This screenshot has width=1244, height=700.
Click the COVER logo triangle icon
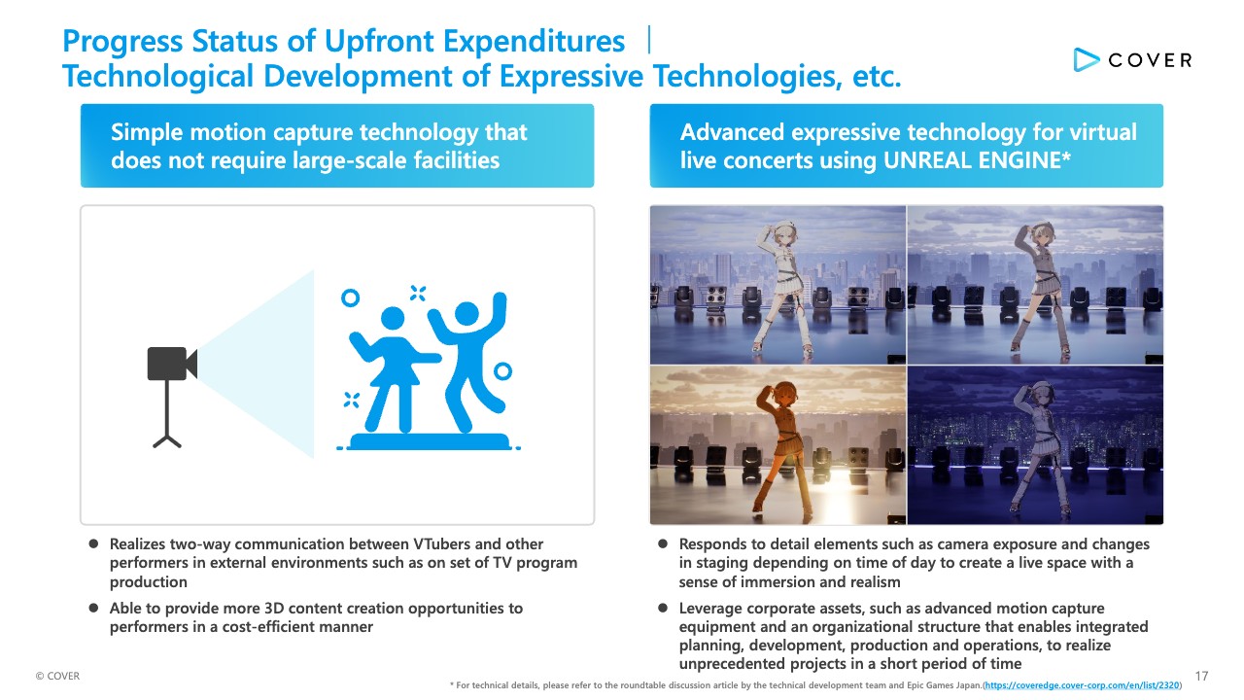pyautogui.click(x=1086, y=60)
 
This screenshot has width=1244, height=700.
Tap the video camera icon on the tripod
pyautogui.click(x=172, y=364)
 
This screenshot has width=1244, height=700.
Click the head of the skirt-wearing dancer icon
pyautogui.click(x=393, y=318)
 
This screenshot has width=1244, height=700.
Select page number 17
pyautogui.click(x=1201, y=676)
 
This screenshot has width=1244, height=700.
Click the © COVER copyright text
pyautogui.click(x=57, y=676)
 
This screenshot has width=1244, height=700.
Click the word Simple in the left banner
pyautogui.click(x=147, y=133)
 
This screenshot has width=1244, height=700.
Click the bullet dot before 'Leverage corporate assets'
pyautogui.click(x=663, y=608)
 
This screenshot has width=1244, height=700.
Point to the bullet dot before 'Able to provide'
pyautogui.click(x=94, y=608)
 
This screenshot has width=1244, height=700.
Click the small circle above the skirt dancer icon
pyautogui.click(x=350, y=297)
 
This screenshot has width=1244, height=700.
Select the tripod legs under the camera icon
pyautogui.click(x=166, y=441)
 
